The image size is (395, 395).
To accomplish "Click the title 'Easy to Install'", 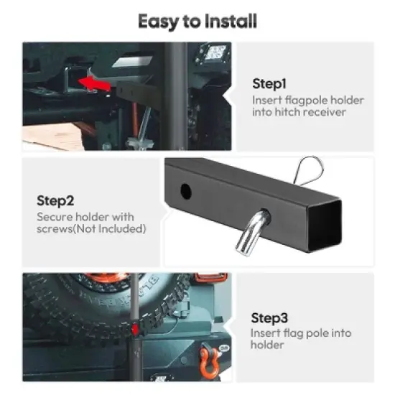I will tap(197, 21).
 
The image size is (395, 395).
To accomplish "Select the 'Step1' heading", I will tap(270, 83).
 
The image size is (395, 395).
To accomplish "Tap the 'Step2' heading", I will tap(55, 201).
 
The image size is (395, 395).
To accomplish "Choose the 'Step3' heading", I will tap(269, 317).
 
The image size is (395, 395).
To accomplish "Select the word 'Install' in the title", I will tap(229, 21).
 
